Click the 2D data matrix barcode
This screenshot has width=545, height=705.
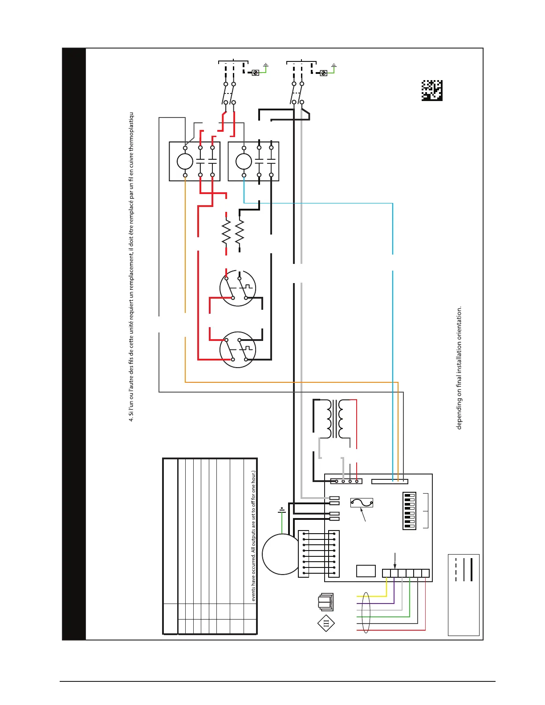(x=432, y=90)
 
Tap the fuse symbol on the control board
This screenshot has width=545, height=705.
(x=362, y=503)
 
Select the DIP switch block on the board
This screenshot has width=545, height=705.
(x=409, y=511)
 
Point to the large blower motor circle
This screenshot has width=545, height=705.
(x=281, y=554)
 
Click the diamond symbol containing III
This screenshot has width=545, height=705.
(x=326, y=623)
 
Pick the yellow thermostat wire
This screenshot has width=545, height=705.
(x=372, y=596)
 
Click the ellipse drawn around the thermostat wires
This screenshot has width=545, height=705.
(x=366, y=612)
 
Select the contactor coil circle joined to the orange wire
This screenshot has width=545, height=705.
(x=185, y=162)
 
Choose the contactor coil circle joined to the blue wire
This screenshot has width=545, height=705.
(x=244, y=162)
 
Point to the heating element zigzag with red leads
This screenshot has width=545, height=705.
(x=226, y=232)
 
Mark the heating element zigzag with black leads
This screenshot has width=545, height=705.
(x=240, y=232)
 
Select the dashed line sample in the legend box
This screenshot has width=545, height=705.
(x=456, y=569)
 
